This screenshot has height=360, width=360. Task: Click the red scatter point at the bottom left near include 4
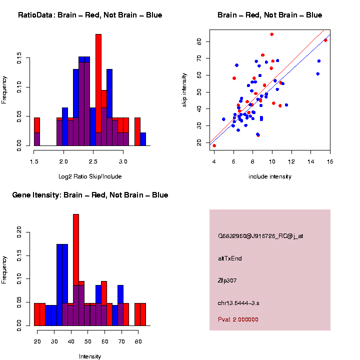tap(214, 145)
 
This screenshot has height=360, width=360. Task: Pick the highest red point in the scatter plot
tap(271, 34)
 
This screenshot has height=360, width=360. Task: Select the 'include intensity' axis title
tap(270, 176)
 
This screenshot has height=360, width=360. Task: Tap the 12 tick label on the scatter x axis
tap(291, 161)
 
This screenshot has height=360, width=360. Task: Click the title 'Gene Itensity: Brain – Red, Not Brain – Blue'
tap(90, 195)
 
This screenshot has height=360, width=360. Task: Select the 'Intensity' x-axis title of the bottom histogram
tap(90, 356)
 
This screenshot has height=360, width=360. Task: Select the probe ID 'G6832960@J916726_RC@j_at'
tap(260, 236)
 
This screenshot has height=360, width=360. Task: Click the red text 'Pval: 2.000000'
tap(238, 319)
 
